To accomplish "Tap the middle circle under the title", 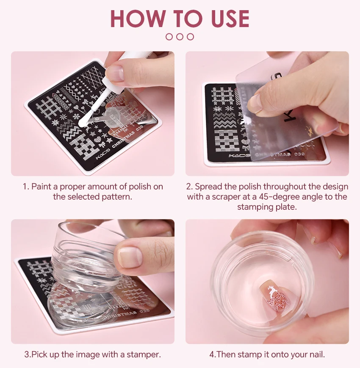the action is click(x=180, y=37).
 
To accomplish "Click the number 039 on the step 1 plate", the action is click(x=139, y=129).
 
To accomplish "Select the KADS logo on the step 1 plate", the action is click(x=102, y=154).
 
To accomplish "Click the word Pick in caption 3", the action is click(x=39, y=354).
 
